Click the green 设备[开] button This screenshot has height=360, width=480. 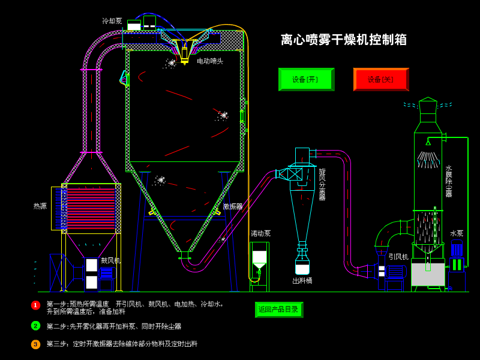(306, 79)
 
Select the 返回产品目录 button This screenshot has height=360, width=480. (278, 310)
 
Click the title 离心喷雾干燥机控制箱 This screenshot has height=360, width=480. (344, 40)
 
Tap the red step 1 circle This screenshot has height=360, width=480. (35, 305)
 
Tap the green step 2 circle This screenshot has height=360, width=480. (35, 326)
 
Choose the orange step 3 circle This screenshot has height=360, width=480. (35, 344)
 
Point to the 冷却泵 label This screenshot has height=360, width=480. (112, 21)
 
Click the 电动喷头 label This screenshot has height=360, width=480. (210, 61)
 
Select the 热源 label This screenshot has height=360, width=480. (40, 206)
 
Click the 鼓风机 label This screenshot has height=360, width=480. (111, 260)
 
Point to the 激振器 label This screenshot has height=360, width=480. (233, 206)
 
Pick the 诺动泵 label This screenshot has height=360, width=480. (261, 233)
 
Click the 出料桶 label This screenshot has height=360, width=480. (302, 281)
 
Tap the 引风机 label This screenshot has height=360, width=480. (398, 257)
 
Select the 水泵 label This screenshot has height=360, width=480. (457, 233)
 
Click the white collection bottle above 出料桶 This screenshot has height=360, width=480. (302, 266)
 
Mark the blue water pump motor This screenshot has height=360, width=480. (457, 248)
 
